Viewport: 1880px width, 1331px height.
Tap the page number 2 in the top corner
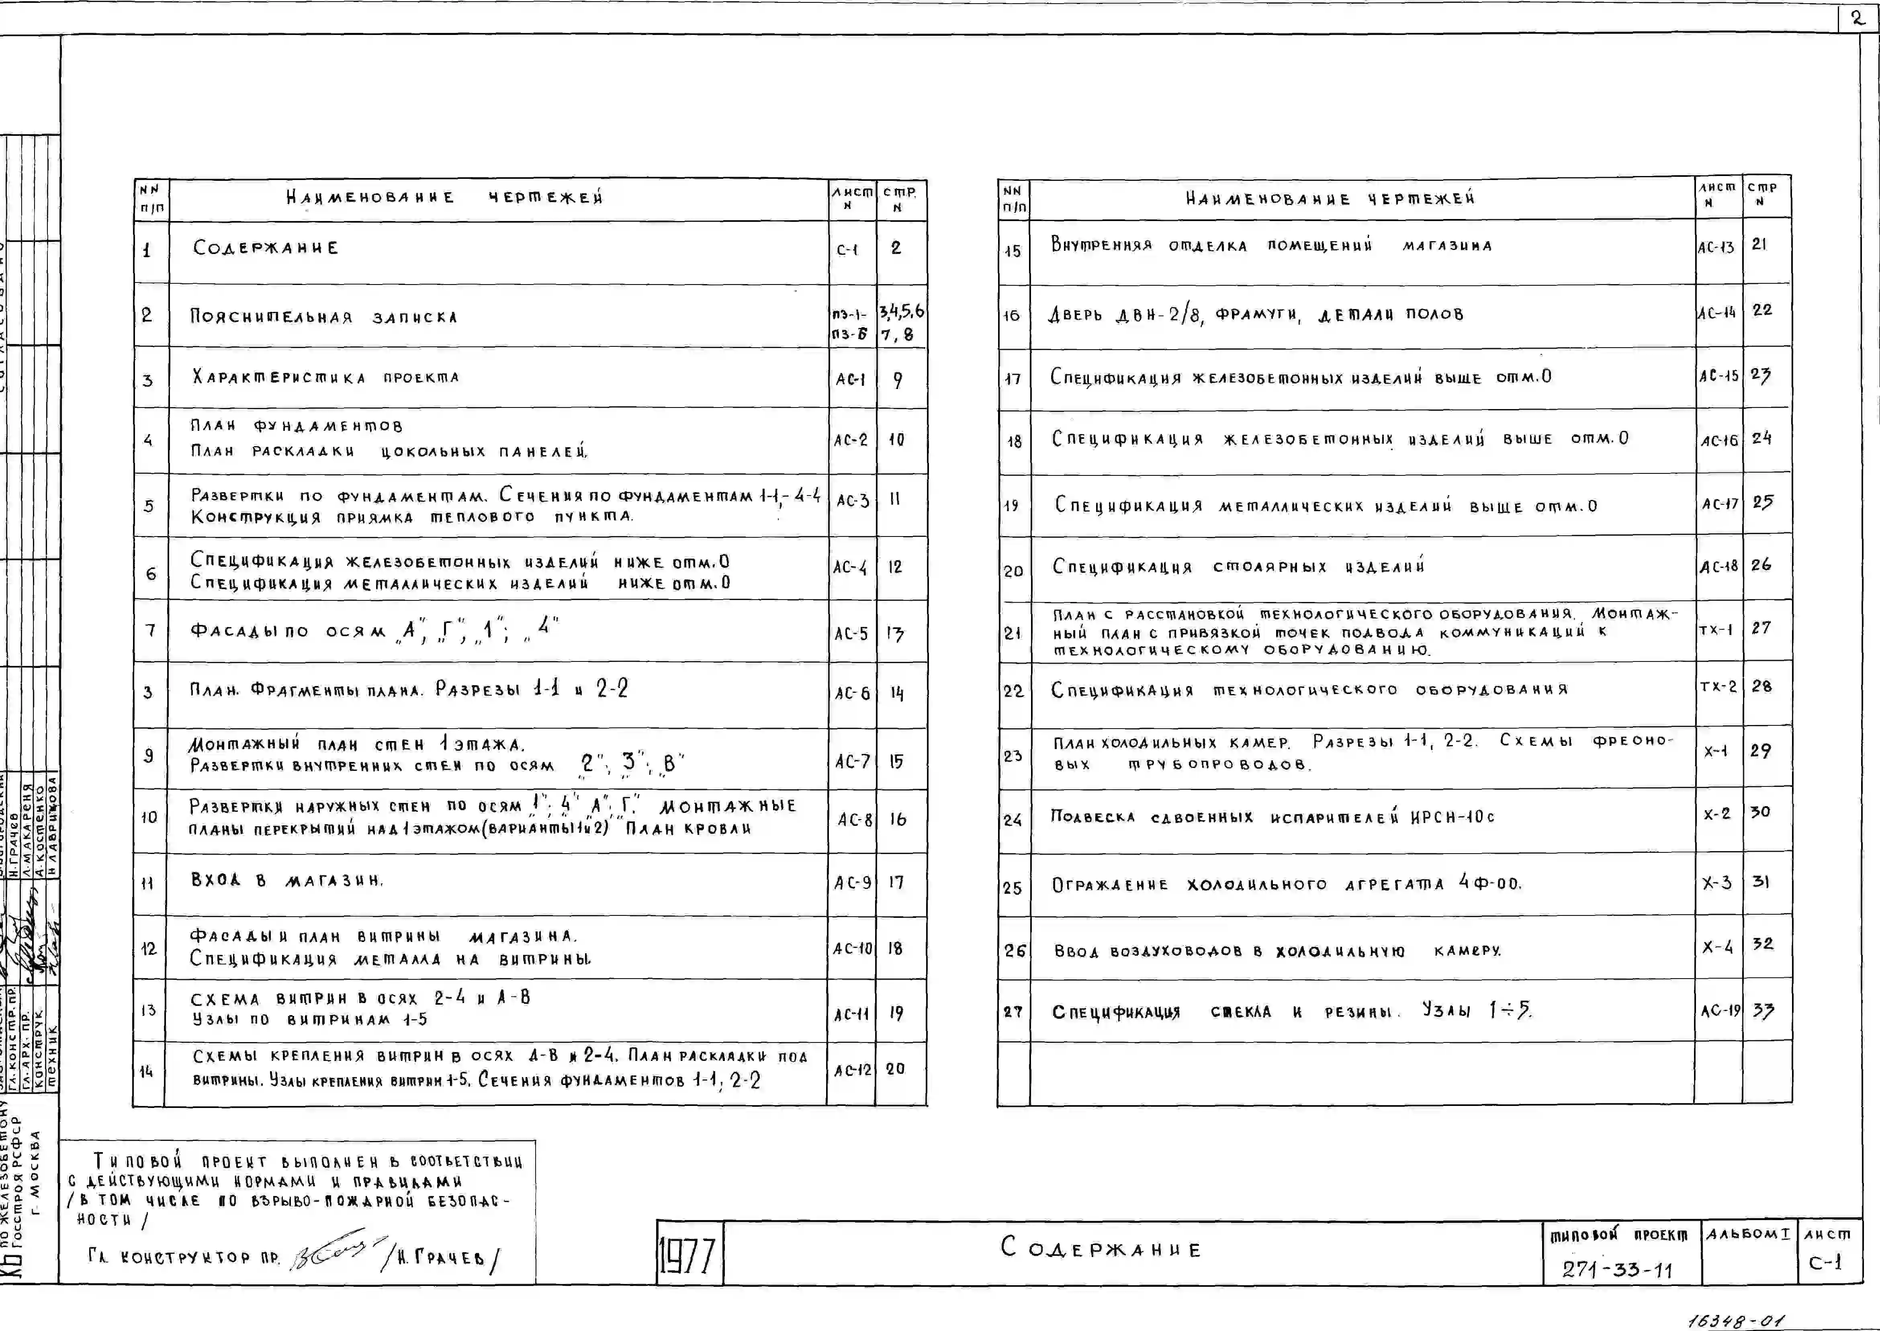[x=1857, y=18]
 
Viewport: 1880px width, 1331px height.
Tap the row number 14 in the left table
[x=147, y=1071]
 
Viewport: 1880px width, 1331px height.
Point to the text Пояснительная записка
[x=324, y=317]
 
